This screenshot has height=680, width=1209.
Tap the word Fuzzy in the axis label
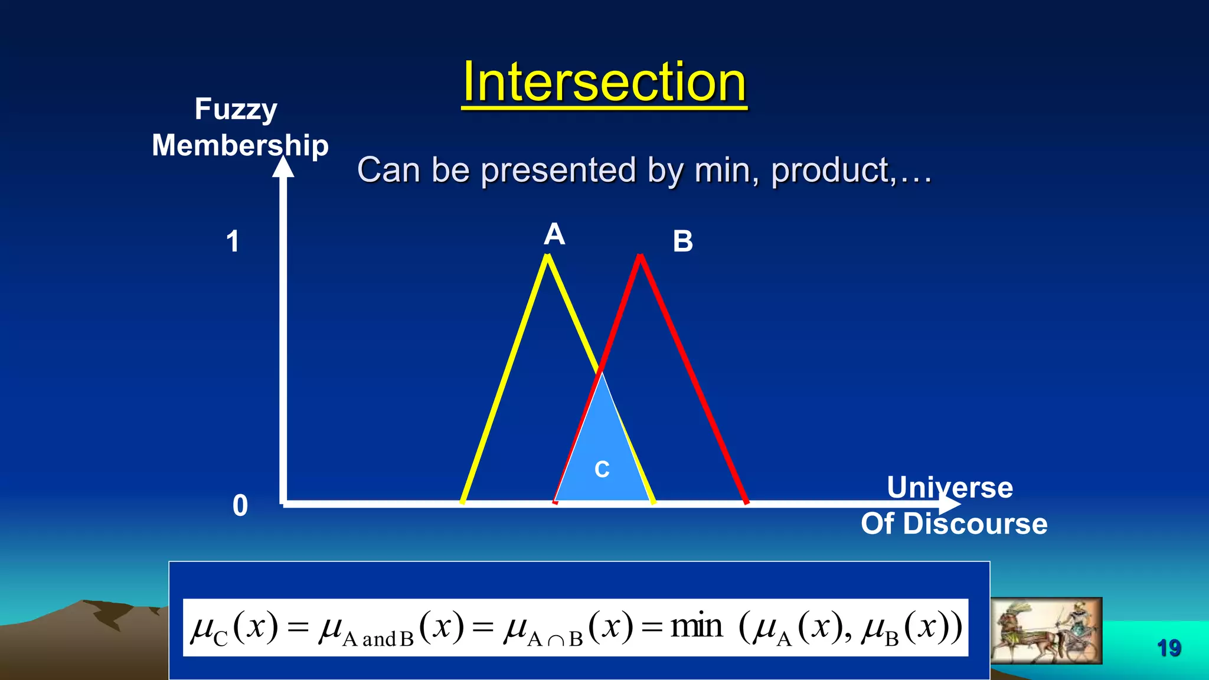(236, 109)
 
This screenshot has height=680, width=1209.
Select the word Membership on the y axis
(240, 145)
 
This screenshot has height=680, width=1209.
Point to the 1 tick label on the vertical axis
(233, 242)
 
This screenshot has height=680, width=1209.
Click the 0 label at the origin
(240, 506)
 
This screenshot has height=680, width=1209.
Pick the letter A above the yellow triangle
(554, 234)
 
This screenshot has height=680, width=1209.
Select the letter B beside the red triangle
(682, 241)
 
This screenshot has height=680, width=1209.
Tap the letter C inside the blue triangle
(602, 469)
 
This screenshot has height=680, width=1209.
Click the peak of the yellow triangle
(548, 257)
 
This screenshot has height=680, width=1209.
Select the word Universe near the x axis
(950, 488)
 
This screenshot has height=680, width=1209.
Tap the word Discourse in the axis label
(975, 524)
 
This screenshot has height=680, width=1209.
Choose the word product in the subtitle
(829, 171)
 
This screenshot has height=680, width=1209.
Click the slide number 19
(1168, 648)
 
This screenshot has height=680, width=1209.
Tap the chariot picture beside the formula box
(1045, 630)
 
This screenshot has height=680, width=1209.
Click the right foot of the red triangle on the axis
(747, 502)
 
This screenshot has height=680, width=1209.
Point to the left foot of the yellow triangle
(463, 502)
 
